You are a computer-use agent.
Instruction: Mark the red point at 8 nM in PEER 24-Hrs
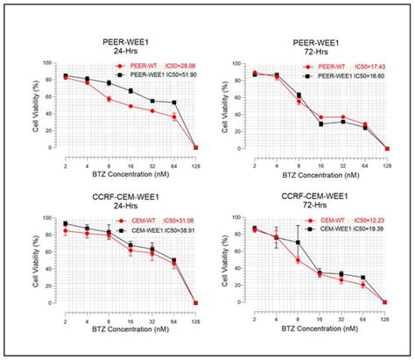click(x=108, y=99)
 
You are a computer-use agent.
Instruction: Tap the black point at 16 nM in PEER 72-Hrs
click(x=321, y=124)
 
